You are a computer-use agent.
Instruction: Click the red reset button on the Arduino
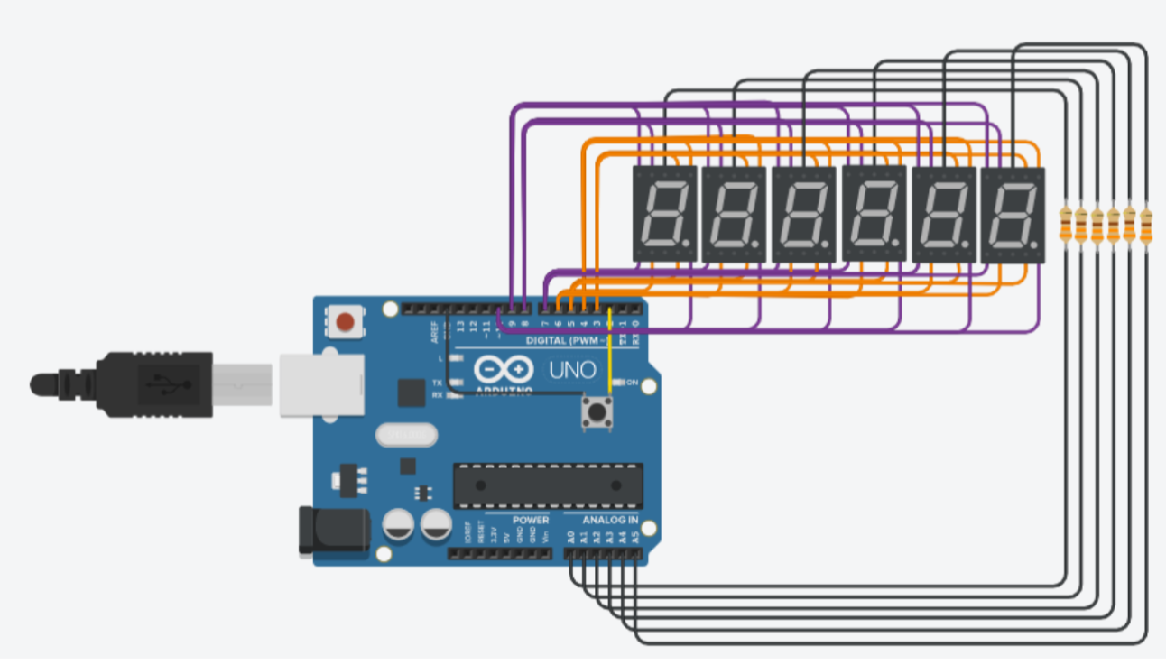pos(344,320)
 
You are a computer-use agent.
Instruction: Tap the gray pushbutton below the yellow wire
pos(595,413)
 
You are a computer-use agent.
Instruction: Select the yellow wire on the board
pos(609,361)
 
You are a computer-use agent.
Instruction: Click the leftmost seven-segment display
pos(664,214)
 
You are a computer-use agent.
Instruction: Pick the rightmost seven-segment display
pos(1013,214)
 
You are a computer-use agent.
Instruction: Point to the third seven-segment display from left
pos(803,214)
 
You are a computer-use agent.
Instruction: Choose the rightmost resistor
pos(1146,225)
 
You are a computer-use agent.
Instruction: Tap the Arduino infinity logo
pos(499,369)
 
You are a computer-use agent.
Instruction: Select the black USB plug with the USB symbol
pos(153,384)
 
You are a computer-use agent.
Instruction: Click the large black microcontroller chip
pos(548,485)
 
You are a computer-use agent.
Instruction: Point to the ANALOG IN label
pos(610,521)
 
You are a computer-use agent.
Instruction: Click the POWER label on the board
pos(531,521)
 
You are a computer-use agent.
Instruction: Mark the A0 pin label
pos(570,537)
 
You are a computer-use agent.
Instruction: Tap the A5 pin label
pos(634,537)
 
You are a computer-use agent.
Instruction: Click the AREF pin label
pos(434,330)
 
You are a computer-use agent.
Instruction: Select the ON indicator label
pos(633,383)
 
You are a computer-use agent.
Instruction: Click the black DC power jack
pos(331,531)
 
